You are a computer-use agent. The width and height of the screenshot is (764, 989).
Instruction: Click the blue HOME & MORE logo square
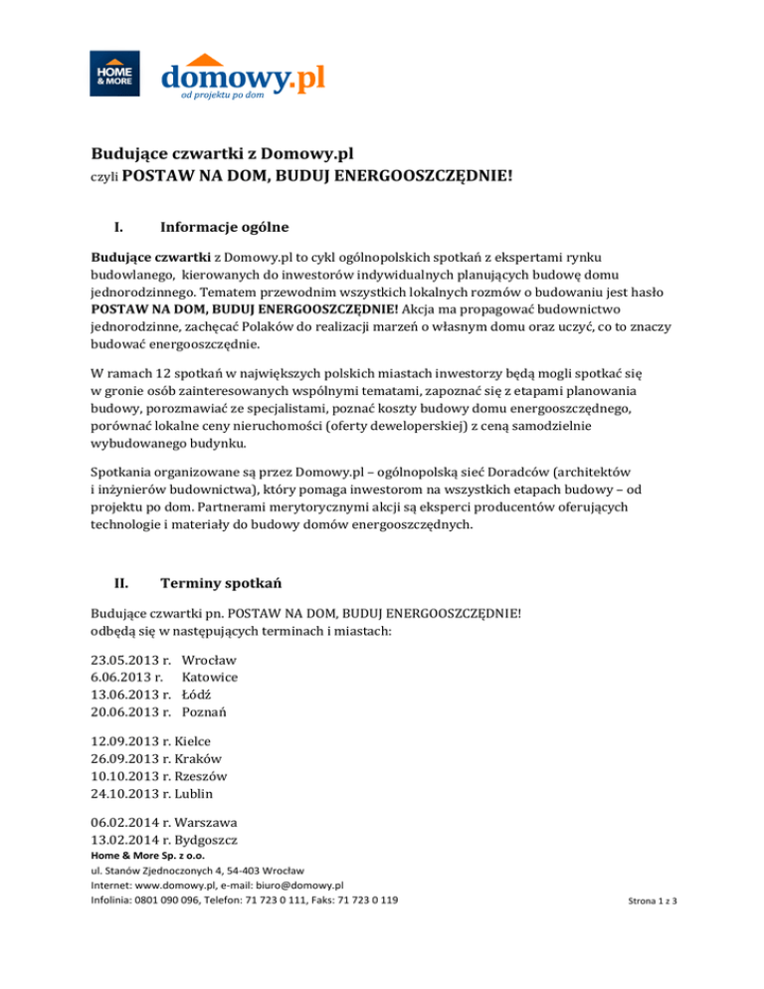click(x=109, y=73)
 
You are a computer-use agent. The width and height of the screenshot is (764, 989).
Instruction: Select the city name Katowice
click(x=210, y=677)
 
